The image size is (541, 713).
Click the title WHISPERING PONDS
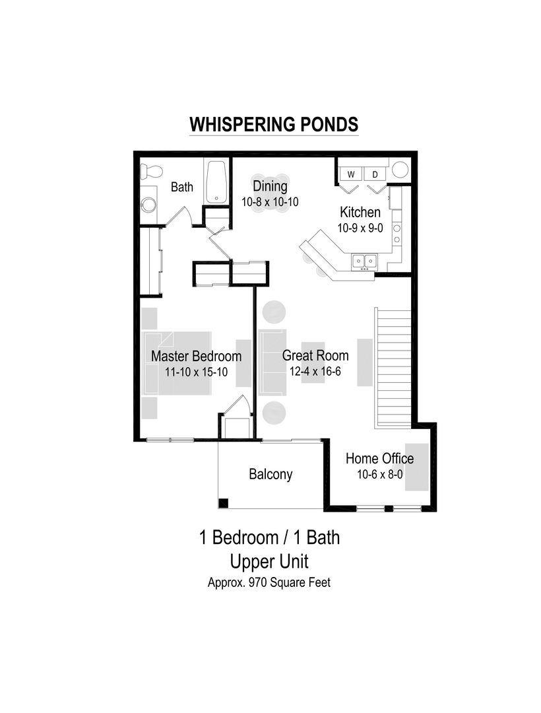click(x=274, y=125)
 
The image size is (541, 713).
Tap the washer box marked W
click(x=351, y=174)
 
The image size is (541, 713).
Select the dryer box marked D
click(x=375, y=174)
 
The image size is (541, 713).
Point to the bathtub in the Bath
click(x=216, y=180)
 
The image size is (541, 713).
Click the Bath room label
click(x=182, y=187)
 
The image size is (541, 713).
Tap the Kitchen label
click(x=360, y=213)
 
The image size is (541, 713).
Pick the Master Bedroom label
click(x=196, y=356)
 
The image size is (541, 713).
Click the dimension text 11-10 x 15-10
click(x=196, y=372)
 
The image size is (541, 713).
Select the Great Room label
click(x=315, y=356)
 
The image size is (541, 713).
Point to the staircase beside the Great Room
click(x=393, y=368)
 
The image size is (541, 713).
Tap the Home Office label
click(x=379, y=459)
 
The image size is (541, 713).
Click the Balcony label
click(x=270, y=474)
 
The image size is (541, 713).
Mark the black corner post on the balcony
click(x=224, y=503)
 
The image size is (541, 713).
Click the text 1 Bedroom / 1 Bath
click(x=270, y=537)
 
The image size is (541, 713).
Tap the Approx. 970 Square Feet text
click(x=269, y=583)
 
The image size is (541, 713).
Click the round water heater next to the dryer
click(x=400, y=170)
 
